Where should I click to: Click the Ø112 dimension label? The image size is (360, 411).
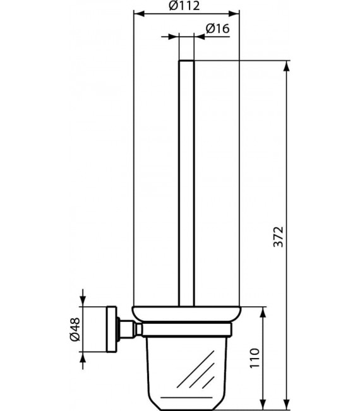[x=185, y=6]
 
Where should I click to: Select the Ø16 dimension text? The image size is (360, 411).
[x=217, y=28]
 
